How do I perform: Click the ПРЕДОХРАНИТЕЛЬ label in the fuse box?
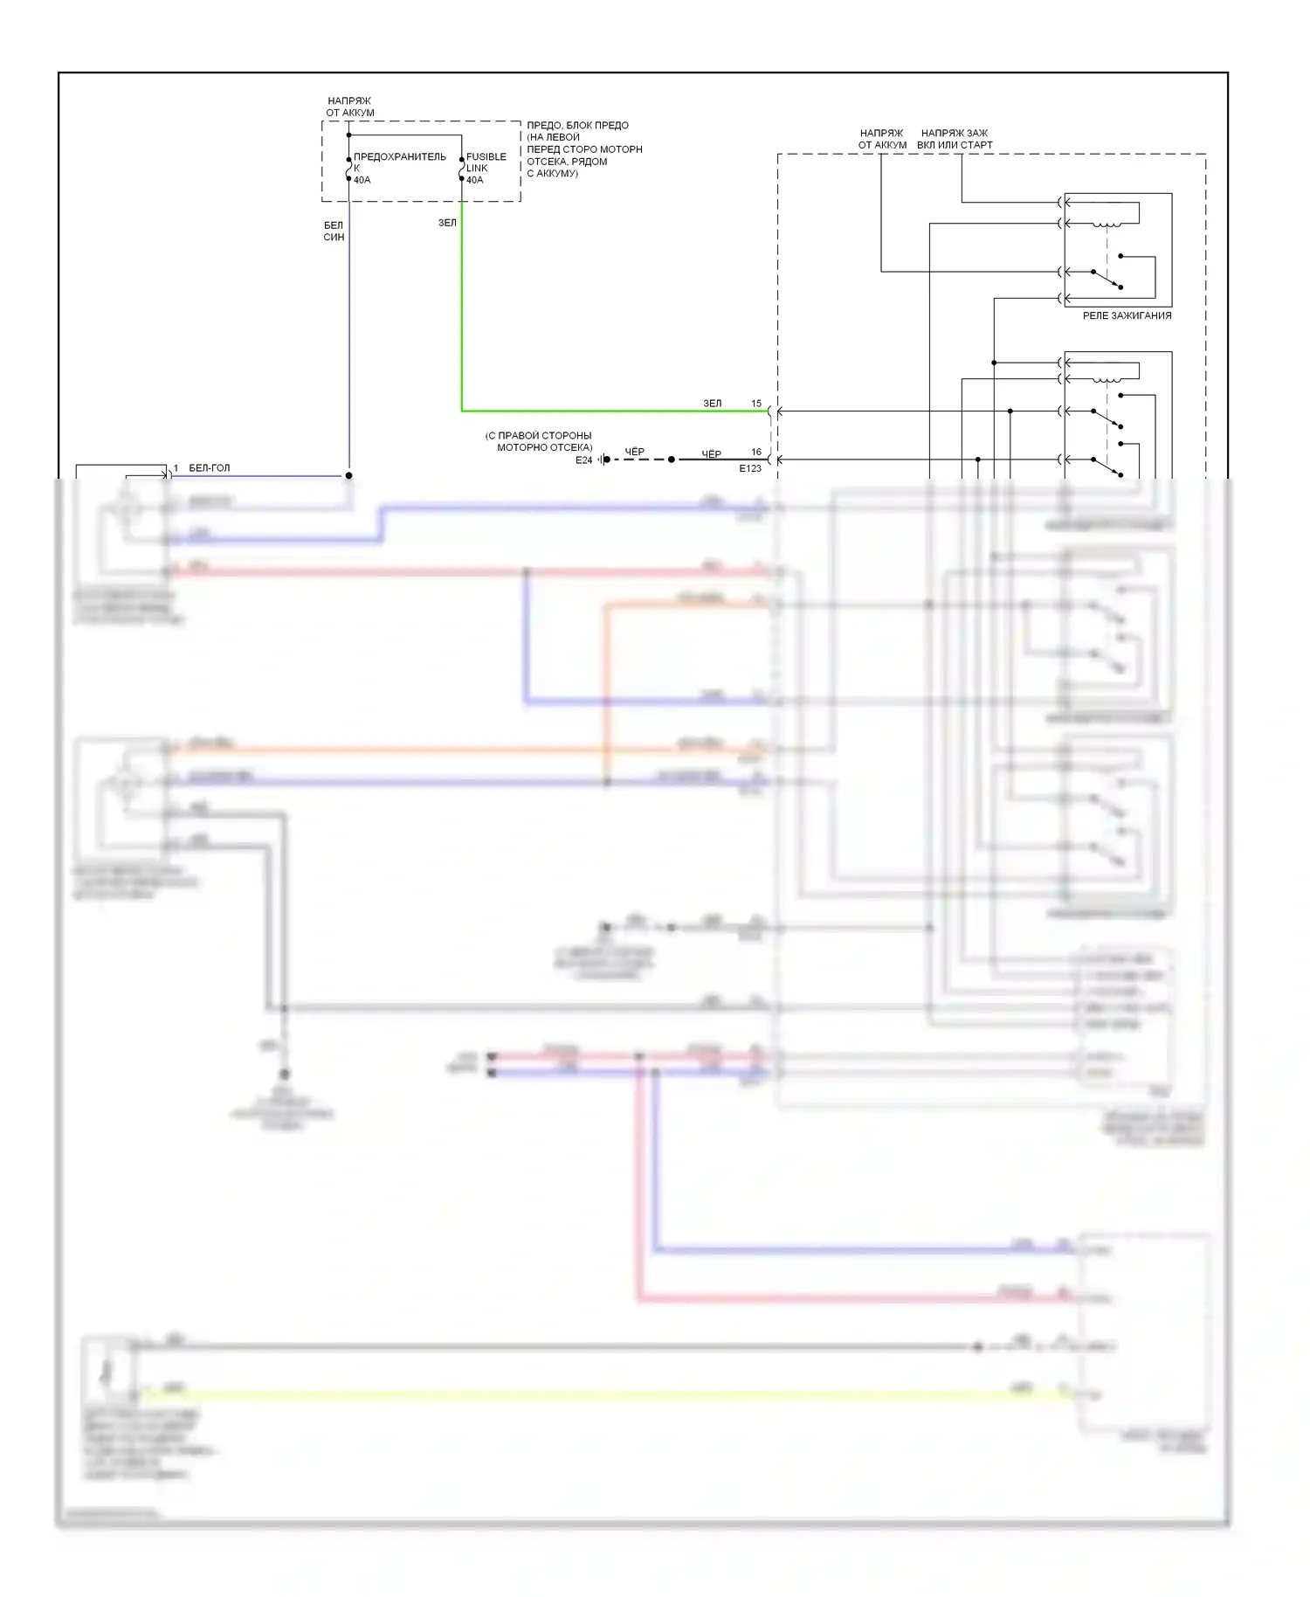pyautogui.click(x=399, y=157)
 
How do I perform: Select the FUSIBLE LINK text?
pyautogui.click(x=486, y=162)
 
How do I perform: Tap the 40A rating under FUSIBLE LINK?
pyautogui.click(x=474, y=180)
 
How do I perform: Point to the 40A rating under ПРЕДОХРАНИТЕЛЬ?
pyautogui.click(x=362, y=180)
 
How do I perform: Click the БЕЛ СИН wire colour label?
pyautogui.click(x=334, y=231)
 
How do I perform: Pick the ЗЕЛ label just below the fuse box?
pyautogui.click(x=447, y=223)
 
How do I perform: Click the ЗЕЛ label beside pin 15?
pyautogui.click(x=713, y=404)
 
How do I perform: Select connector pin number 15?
pyautogui.click(x=756, y=404)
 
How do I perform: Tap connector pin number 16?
pyautogui.click(x=756, y=452)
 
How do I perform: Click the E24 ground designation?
pyautogui.click(x=583, y=460)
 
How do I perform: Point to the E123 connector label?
pyautogui.click(x=750, y=469)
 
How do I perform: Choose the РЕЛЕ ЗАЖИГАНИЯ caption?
pyautogui.click(x=1127, y=315)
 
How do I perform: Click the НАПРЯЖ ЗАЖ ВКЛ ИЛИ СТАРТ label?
pyautogui.click(x=955, y=139)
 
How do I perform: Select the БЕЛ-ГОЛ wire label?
pyautogui.click(x=210, y=468)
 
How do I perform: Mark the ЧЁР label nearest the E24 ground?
pyautogui.click(x=635, y=452)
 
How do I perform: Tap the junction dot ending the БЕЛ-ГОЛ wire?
pyautogui.click(x=348, y=475)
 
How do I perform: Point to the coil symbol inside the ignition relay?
pyautogui.click(x=1107, y=225)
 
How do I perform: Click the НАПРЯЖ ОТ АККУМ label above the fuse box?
pyautogui.click(x=349, y=107)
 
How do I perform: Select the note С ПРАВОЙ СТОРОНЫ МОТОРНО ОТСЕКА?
pyautogui.click(x=540, y=441)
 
